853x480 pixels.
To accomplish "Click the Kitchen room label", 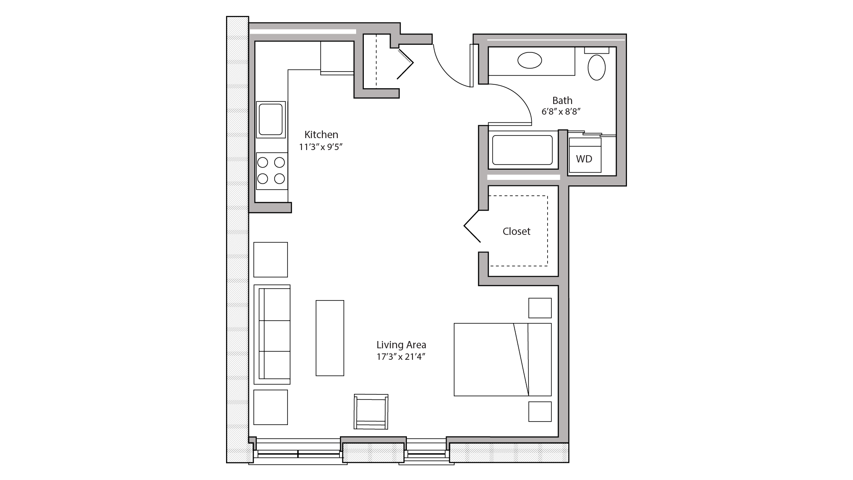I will (x=321, y=135).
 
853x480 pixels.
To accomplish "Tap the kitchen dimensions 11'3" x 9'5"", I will (x=321, y=147).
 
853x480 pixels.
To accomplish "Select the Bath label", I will (x=562, y=101).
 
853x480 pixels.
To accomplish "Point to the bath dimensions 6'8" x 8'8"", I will (x=561, y=112).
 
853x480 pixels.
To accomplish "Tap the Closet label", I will (x=516, y=231).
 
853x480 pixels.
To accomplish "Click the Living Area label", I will (x=401, y=345).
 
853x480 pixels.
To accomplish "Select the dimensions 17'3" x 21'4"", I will (x=401, y=357).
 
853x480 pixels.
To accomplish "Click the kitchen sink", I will (x=271, y=119).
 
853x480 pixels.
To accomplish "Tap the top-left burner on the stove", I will (x=263, y=162).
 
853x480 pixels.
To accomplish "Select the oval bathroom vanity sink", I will (x=530, y=60).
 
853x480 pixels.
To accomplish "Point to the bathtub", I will (x=522, y=150).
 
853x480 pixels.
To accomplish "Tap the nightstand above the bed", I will (x=540, y=308).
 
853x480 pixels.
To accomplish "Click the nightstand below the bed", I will (x=540, y=411).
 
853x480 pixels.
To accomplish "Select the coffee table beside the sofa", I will (x=330, y=338).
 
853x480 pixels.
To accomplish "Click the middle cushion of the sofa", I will (x=276, y=336).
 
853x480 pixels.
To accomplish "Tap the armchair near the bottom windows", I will (x=371, y=411).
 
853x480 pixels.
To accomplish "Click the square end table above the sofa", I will (x=271, y=260).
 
